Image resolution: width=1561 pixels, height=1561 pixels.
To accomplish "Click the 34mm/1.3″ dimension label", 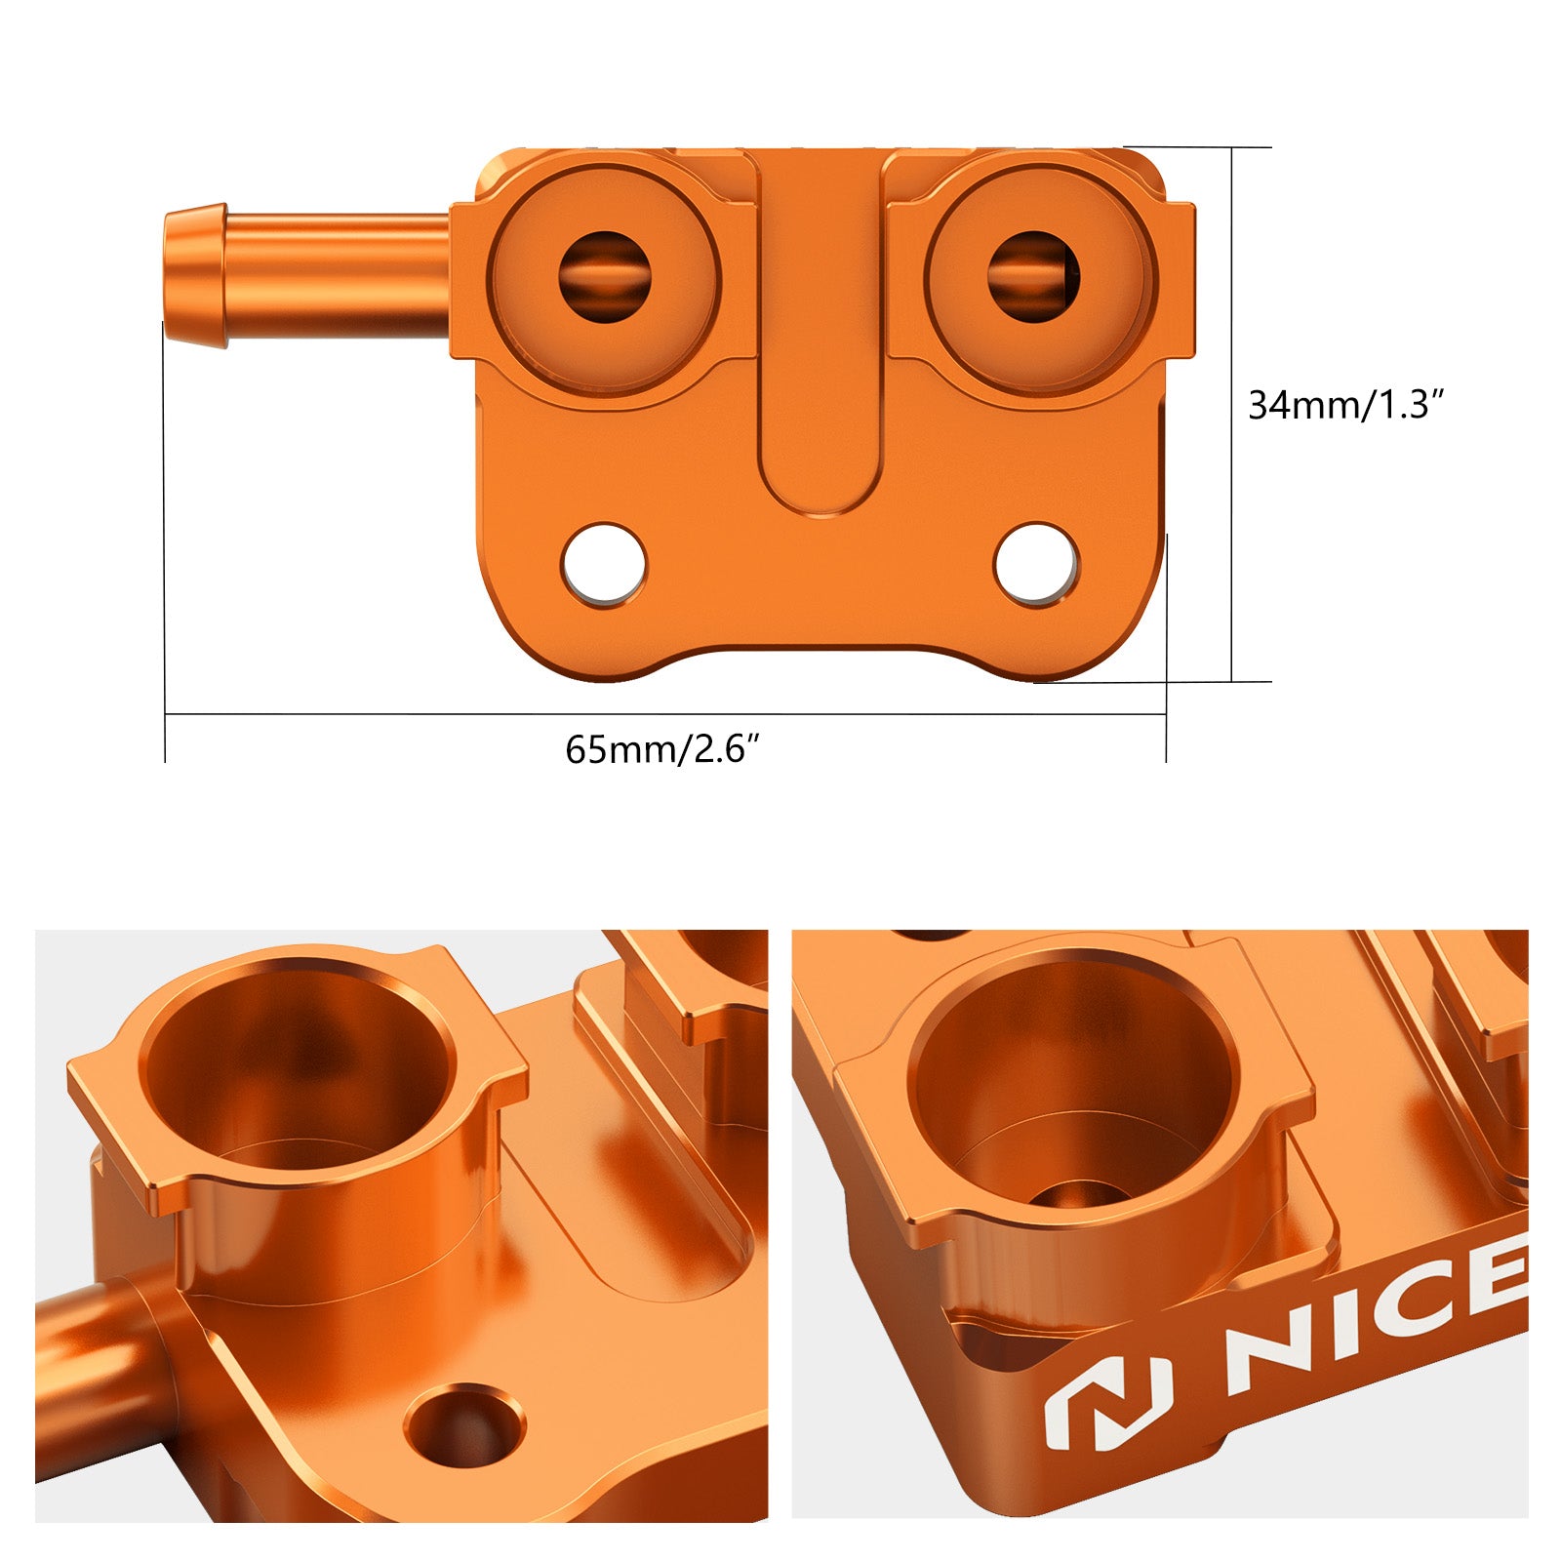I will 1344,404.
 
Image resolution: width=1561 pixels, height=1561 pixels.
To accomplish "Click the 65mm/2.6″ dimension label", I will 661,749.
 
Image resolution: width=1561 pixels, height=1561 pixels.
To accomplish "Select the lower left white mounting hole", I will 604,564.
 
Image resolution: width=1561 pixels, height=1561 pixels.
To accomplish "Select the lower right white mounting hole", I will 1036,564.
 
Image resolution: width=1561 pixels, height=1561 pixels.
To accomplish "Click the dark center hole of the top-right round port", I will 1033,276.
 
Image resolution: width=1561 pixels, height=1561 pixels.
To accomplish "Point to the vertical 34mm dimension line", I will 1232,537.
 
